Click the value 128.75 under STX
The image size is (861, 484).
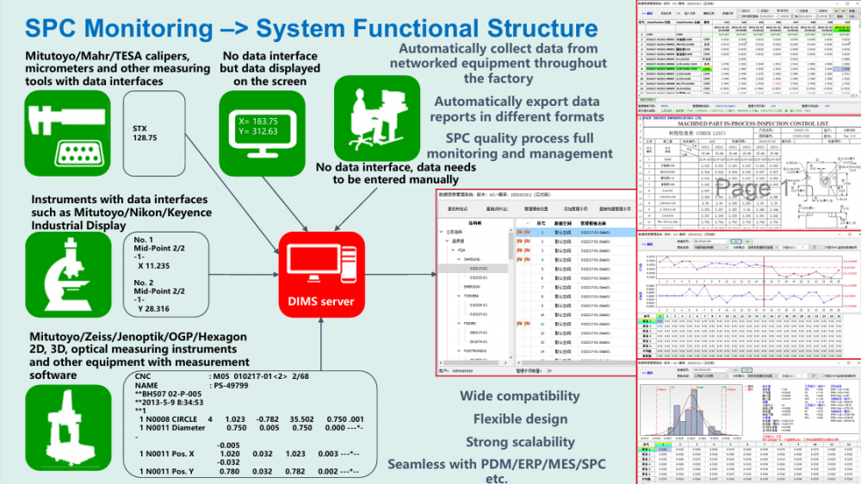(x=146, y=138)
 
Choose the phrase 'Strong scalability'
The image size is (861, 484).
(x=520, y=442)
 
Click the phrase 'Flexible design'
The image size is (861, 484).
(x=520, y=419)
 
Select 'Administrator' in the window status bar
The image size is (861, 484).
(x=468, y=372)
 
